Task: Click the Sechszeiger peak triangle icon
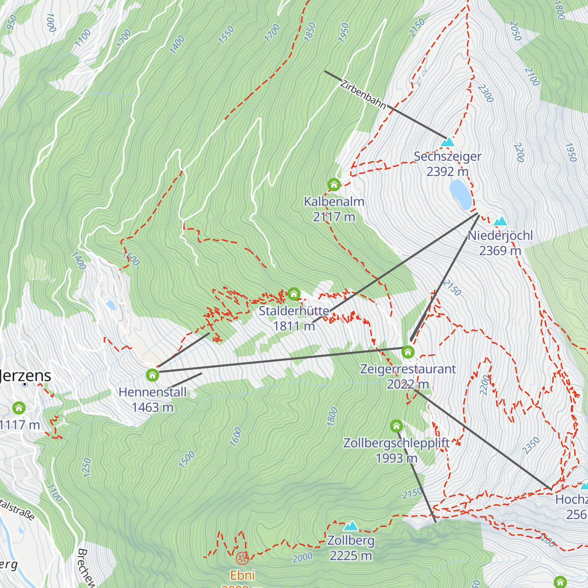tap(447, 143)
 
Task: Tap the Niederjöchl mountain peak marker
tap(500, 221)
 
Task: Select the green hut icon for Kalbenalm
tap(334, 185)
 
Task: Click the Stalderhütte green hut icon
tap(294, 294)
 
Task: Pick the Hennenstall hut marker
tap(152, 375)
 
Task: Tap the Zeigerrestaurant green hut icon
tap(408, 352)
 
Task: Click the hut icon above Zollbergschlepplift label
tap(396, 426)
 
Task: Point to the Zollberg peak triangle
tap(350, 527)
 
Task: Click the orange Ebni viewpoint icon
tap(242, 558)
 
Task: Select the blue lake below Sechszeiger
tap(461, 194)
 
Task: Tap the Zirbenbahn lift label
tap(363, 93)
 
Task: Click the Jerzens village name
tap(25, 376)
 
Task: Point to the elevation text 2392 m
tap(447, 171)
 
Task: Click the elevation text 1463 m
tap(152, 407)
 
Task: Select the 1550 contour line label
tap(226, 35)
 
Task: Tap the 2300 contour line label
tap(485, 93)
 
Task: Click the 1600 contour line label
tap(236, 437)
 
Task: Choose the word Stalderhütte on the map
tap(294, 311)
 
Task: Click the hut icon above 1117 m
tap(19, 408)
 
